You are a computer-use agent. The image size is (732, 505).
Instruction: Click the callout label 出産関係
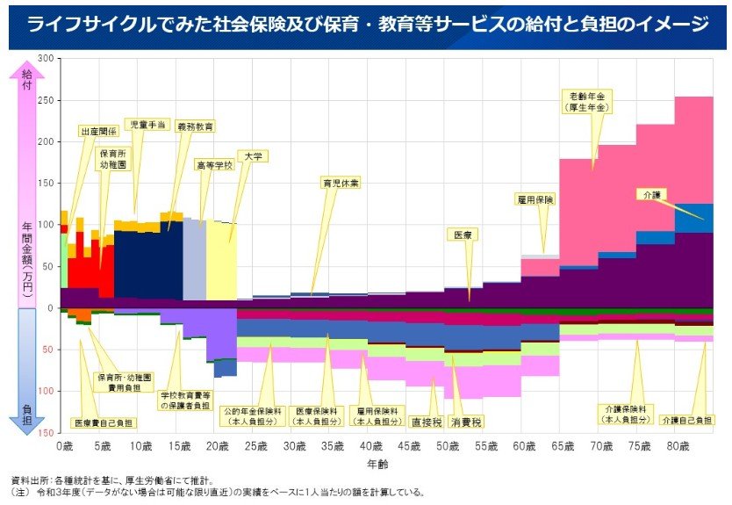click(97, 130)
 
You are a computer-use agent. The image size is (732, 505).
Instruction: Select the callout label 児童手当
click(145, 125)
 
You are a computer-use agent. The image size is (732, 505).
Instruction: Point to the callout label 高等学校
click(214, 164)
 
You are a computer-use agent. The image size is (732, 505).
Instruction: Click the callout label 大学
click(254, 155)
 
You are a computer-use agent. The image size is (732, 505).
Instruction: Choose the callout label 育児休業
click(339, 184)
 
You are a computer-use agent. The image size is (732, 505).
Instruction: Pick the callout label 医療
click(463, 235)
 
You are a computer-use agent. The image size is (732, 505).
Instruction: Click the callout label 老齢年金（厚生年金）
click(588, 101)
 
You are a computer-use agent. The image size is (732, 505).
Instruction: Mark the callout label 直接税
click(426, 422)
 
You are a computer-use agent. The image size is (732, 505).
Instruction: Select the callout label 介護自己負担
click(687, 421)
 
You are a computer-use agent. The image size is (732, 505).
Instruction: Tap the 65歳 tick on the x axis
click(561, 446)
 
